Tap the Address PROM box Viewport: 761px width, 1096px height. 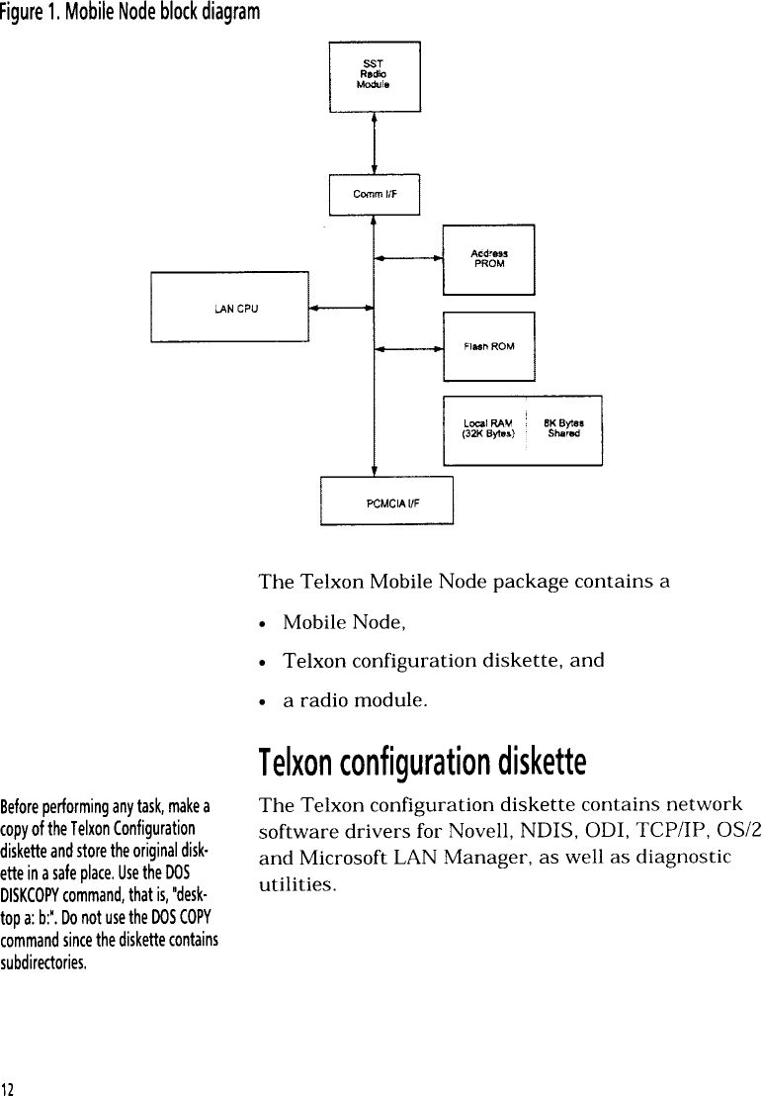[488, 259]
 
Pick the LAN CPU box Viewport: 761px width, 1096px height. [229, 308]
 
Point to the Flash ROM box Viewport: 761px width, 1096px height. [488, 345]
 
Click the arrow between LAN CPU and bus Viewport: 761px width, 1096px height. [341, 308]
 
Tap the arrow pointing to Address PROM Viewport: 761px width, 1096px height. [408, 260]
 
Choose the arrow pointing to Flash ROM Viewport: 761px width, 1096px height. [408, 348]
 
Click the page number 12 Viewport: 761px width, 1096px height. [8, 1086]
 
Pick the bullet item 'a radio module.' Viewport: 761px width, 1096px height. [355, 701]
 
